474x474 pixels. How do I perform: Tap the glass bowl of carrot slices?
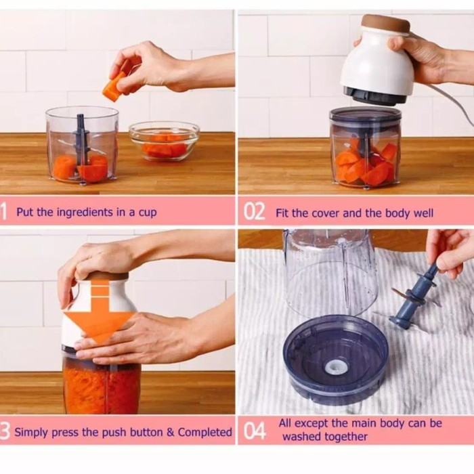164,141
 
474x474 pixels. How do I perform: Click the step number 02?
255,211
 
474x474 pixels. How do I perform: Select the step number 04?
255,430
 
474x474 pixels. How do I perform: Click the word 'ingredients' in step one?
85,213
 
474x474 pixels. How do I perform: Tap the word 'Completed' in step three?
204,432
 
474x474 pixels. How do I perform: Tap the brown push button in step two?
386,24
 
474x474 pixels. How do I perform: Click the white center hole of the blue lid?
335,368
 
